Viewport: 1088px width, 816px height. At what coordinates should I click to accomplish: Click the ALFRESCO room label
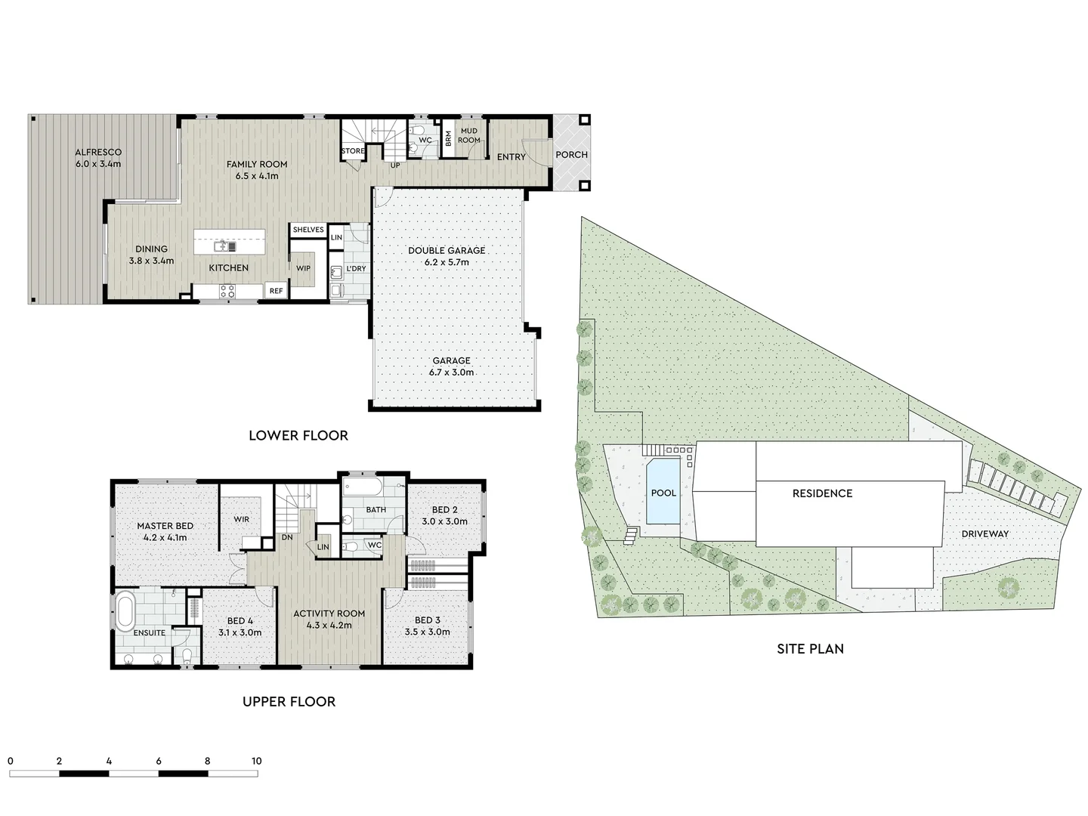[x=98, y=153]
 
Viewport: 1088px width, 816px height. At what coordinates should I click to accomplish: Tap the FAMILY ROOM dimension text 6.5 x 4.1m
[x=257, y=176]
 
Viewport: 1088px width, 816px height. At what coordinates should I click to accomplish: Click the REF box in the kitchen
[x=276, y=291]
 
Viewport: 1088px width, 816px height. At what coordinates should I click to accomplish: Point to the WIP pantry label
[x=303, y=268]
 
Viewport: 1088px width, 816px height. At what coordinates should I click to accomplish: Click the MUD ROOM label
[x=469, y=135]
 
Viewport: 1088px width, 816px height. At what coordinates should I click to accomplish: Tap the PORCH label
[x=571, y=155]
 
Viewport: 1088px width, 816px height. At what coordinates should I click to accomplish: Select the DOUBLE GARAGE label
[x=447, y=250]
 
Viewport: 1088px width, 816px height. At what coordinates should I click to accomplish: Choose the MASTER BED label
[x=165, y=526]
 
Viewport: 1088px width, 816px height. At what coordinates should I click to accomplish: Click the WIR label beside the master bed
[x=242, y=519]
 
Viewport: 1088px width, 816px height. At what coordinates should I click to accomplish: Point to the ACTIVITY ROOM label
[x=329, y=614]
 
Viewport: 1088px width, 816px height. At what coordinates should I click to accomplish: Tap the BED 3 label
[x=428, y=620]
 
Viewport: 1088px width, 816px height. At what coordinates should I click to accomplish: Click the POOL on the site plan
[x=663, y=493]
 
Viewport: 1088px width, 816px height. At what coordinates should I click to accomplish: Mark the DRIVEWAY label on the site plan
[x=985, y=534]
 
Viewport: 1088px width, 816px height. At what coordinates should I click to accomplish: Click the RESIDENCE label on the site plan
[x=822, y=493]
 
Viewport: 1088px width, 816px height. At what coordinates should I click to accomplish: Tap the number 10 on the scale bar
[x=256, y=761]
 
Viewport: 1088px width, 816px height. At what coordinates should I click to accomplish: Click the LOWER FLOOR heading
[x=298, y=435]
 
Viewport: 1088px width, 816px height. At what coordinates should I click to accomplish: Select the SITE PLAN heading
[x=810, y=648]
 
